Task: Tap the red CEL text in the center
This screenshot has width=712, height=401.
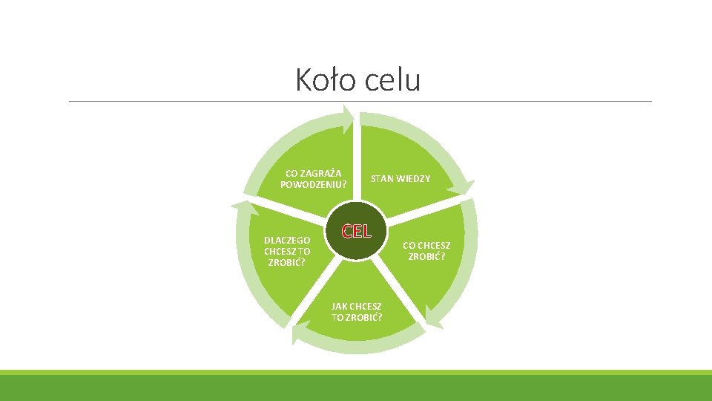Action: tap(356, 231)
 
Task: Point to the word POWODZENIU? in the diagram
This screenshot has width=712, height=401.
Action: tap(313, 184)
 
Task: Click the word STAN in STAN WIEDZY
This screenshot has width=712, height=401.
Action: tap(382, 179)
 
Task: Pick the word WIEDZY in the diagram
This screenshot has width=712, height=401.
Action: tap(414, 179)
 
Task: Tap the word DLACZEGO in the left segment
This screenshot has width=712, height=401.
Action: tap(287, 241)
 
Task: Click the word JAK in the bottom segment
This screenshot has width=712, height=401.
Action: tap(339, 306)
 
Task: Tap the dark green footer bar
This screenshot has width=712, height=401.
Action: tap(356, 388)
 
